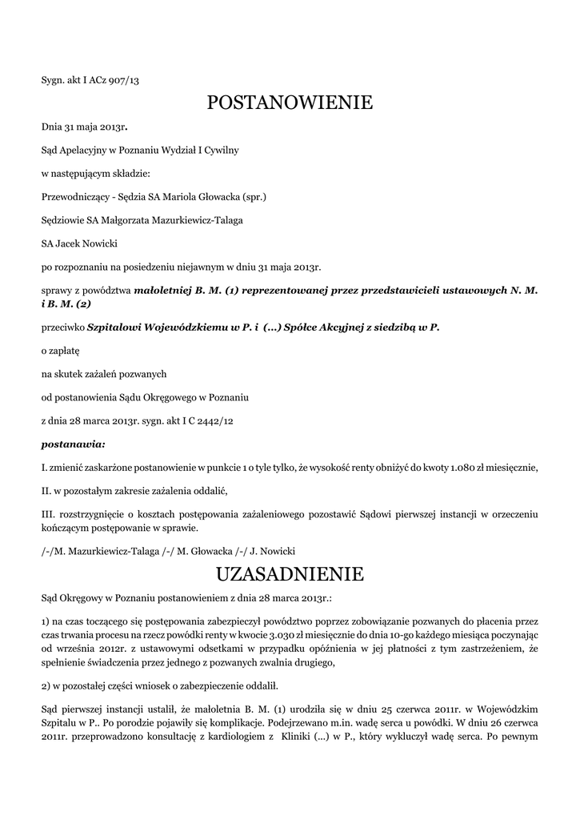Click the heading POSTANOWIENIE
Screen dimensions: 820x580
pos(290,102)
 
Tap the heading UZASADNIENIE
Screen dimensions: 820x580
pos(290,573)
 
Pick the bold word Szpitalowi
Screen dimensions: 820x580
pos(118,328)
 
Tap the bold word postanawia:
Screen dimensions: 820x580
pos(73,443)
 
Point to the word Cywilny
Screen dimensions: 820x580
pos(219,150)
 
